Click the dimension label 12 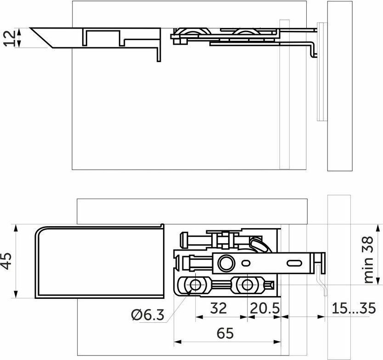10,38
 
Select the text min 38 369,259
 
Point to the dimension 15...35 354,308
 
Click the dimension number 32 219,308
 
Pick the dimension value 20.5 265,308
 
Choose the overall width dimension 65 225,333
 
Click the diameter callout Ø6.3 148,315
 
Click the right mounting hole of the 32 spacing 247,285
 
